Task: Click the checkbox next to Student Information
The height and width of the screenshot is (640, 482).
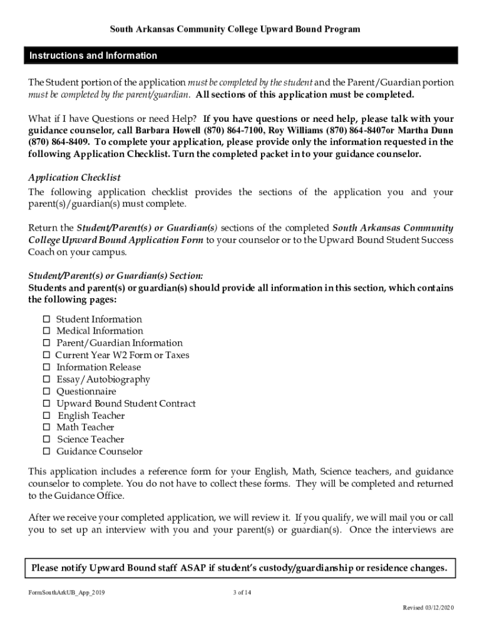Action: click(x=46, y=319)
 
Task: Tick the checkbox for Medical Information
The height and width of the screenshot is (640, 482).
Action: click(x=46, y=331)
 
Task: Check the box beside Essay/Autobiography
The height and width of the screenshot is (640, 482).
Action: click(x=46, y=379)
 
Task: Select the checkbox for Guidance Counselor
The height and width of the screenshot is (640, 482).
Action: click(x=46, y=452)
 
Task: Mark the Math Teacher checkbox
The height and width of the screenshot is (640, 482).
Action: click(x=46, y=427)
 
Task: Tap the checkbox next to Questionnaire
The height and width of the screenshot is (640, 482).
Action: click(x=46, y=392)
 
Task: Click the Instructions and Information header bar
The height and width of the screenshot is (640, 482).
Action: click(x=240, y=56)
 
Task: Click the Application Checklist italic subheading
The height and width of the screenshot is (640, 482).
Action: click(x=74, y=178)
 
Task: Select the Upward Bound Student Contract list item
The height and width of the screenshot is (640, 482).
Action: click(x=126, y=404)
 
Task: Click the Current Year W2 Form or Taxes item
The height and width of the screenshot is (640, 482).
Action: click(x=122, y=356)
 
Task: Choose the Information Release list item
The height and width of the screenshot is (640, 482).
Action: click(x=98, y=367)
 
